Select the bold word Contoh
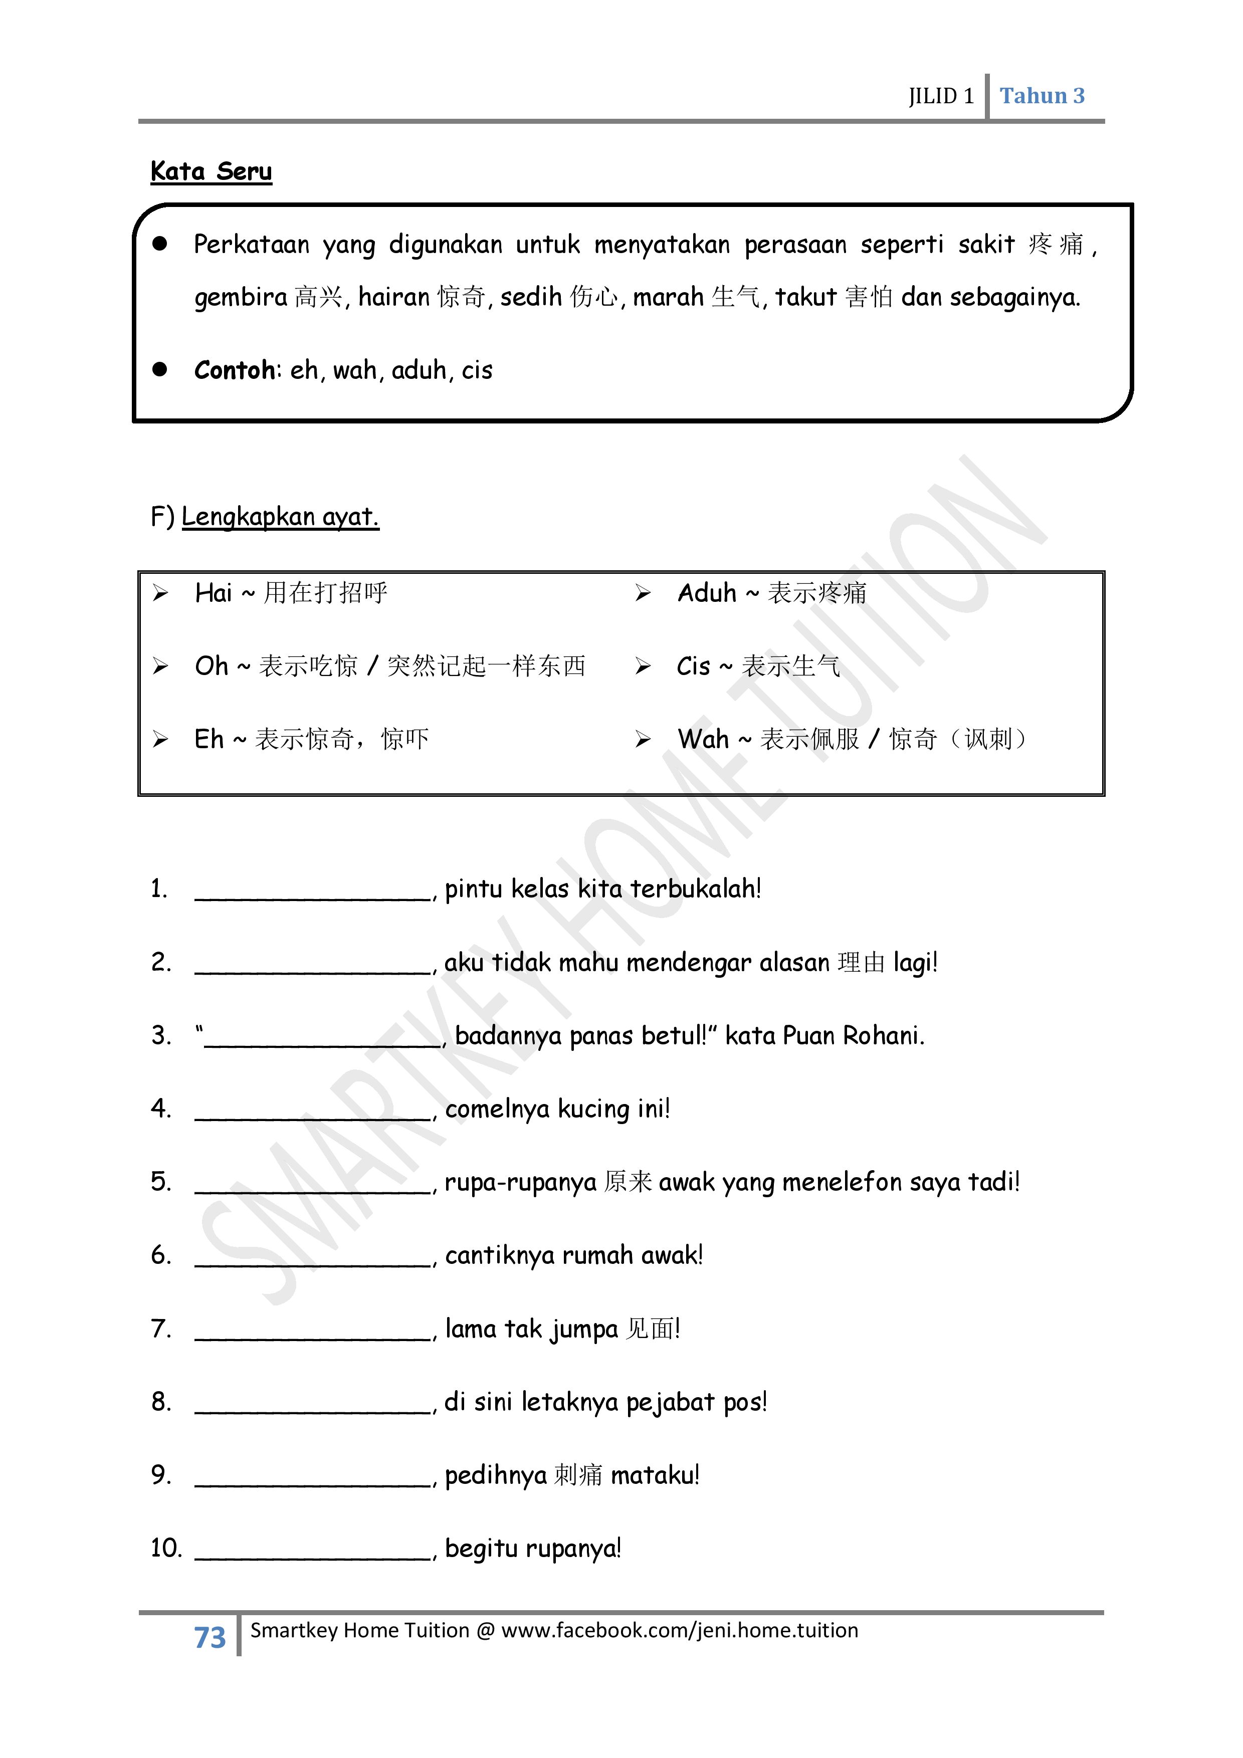(235, 370)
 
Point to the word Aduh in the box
(706, 593)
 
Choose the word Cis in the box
(693, 666)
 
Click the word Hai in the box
(213, 593)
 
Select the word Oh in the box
(212, 666)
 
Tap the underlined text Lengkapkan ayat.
(280, 517)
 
